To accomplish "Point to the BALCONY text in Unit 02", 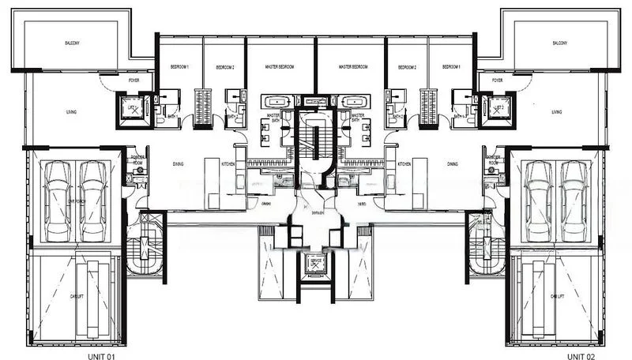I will click(x=560, y=43).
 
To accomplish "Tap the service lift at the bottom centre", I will click(x=315, y=267).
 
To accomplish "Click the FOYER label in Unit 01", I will click(x=134, y=80).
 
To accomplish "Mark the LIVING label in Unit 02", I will click(x=557, y=112).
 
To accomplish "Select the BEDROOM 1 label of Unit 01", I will click(x=180, y=67).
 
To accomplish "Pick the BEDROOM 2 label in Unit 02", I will click(x=408, y=67).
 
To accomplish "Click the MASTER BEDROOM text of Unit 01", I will click(x=280, y=67).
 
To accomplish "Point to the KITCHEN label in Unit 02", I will click(x=404, y=164).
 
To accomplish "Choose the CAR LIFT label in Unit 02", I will click(x=556, y=296).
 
